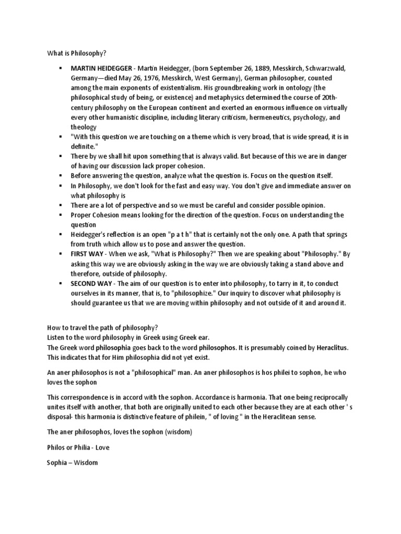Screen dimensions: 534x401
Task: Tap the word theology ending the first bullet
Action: pyautogui.click(x=84, y=127)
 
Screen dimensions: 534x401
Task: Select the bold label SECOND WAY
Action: pyautogui.click(x=92, y=283)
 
